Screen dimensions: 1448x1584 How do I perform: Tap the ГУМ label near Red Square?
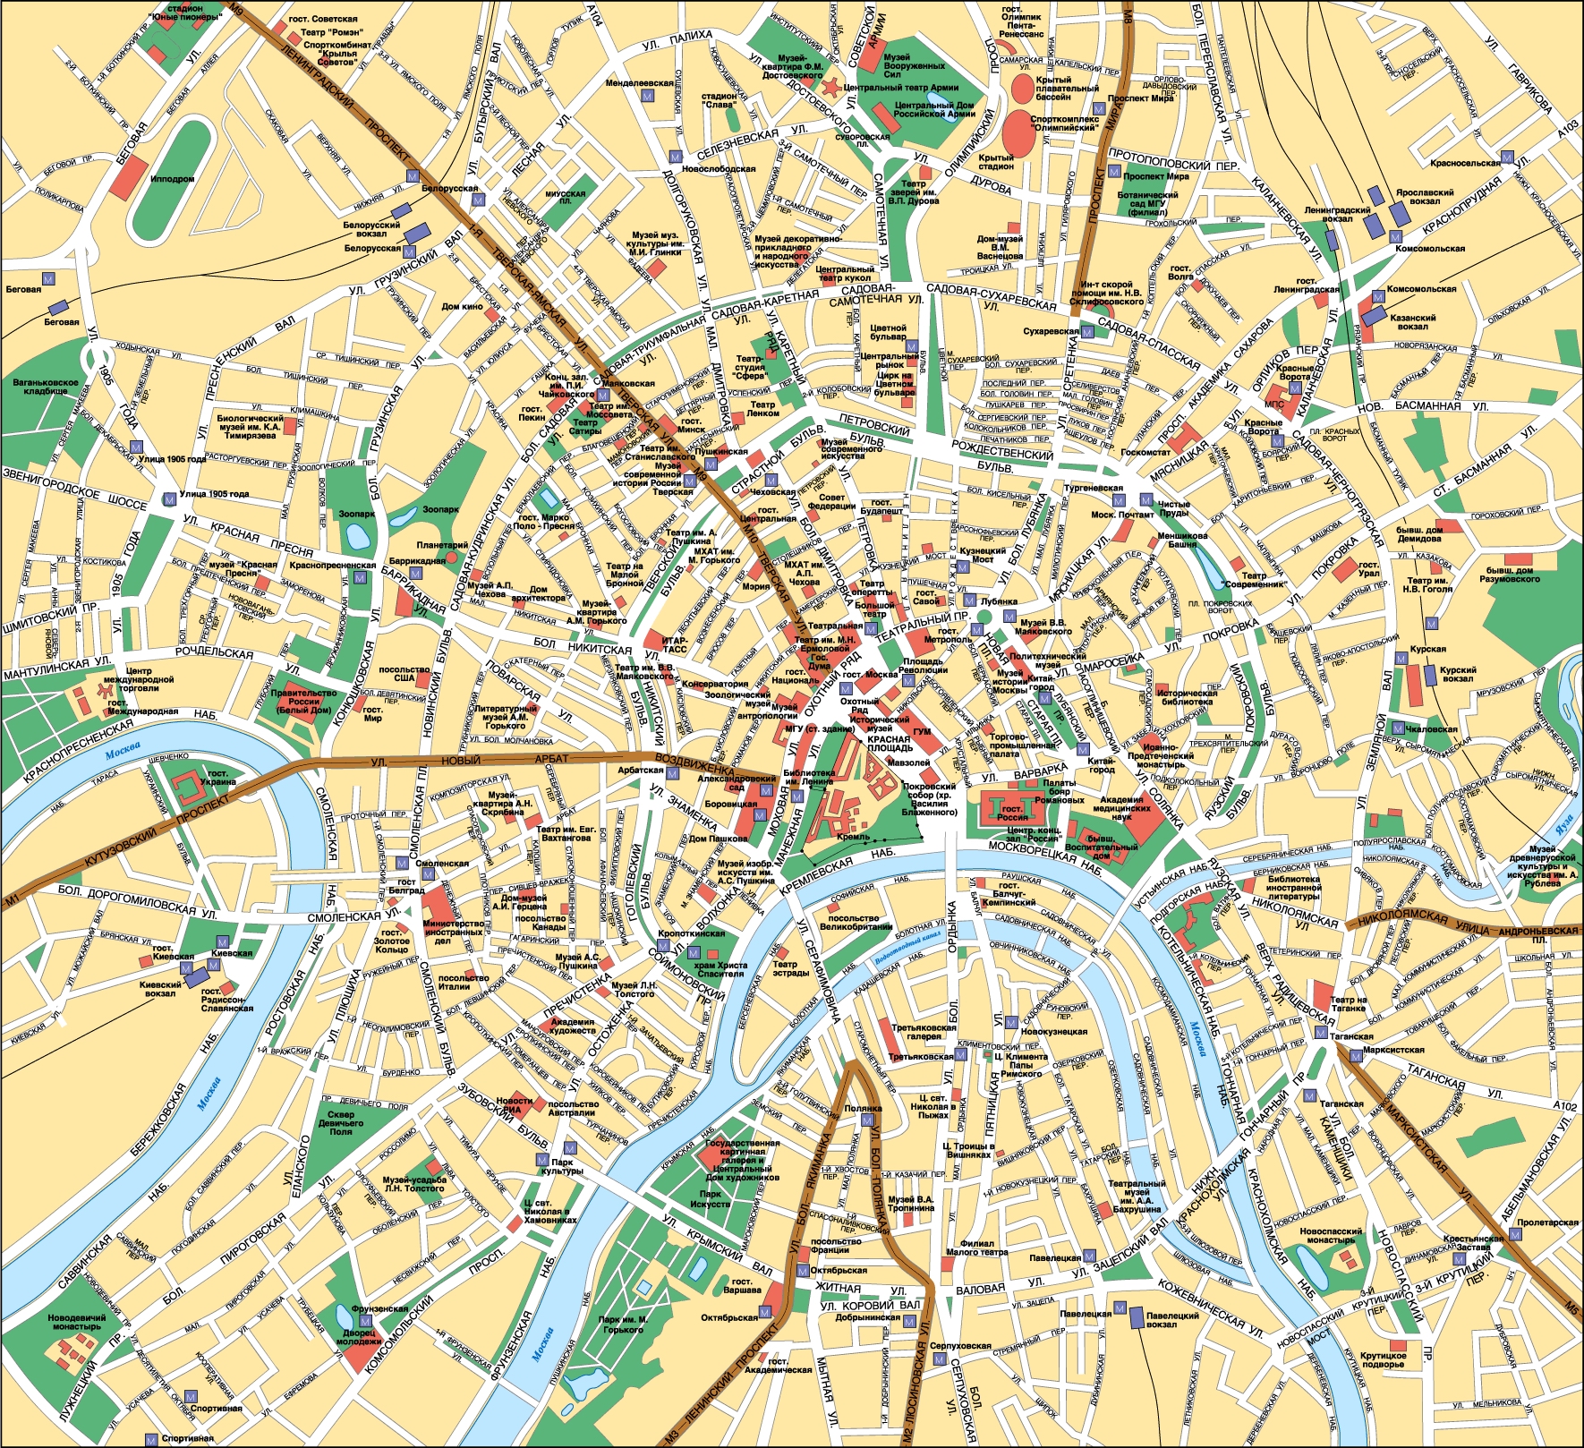click(x=924, y=733)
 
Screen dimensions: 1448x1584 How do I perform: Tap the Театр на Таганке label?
click(x=1348, y=1003)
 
